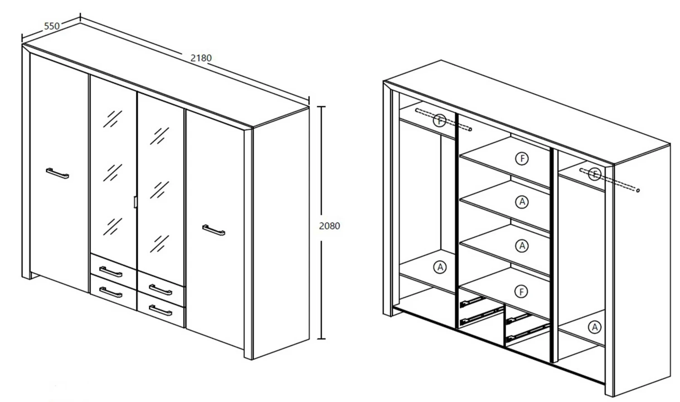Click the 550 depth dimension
point(51,26)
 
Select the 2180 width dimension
point(201,58)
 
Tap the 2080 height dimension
point(329,226)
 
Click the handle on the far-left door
point(57,173)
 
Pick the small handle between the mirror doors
point(135,202)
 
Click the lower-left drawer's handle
point(111,293)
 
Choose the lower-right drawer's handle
point(160,310)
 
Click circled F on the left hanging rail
point(439,121)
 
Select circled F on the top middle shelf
point(522,159)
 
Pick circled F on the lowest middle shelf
point(522,291)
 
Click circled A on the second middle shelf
point(522,202)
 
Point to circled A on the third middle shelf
point(522,246)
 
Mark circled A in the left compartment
point(440,267)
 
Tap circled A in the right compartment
point(594,327)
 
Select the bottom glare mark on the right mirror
point(160,243)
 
